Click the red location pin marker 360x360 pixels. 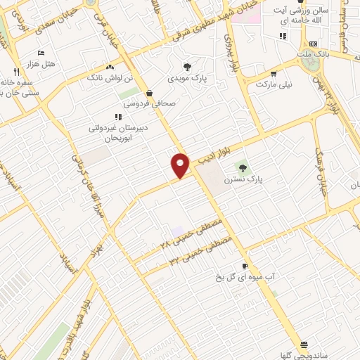click(x=180, y=165)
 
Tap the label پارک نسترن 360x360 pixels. click(x=243, y=179)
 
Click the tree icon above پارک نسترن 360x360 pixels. click(x=243, y=167)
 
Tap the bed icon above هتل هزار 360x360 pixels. click(x=40, y=53)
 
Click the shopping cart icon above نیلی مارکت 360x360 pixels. click(x=273, y=72)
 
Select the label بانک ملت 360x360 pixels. click(x=313, y=53)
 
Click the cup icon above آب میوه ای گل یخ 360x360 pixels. click(x=245, y=266)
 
